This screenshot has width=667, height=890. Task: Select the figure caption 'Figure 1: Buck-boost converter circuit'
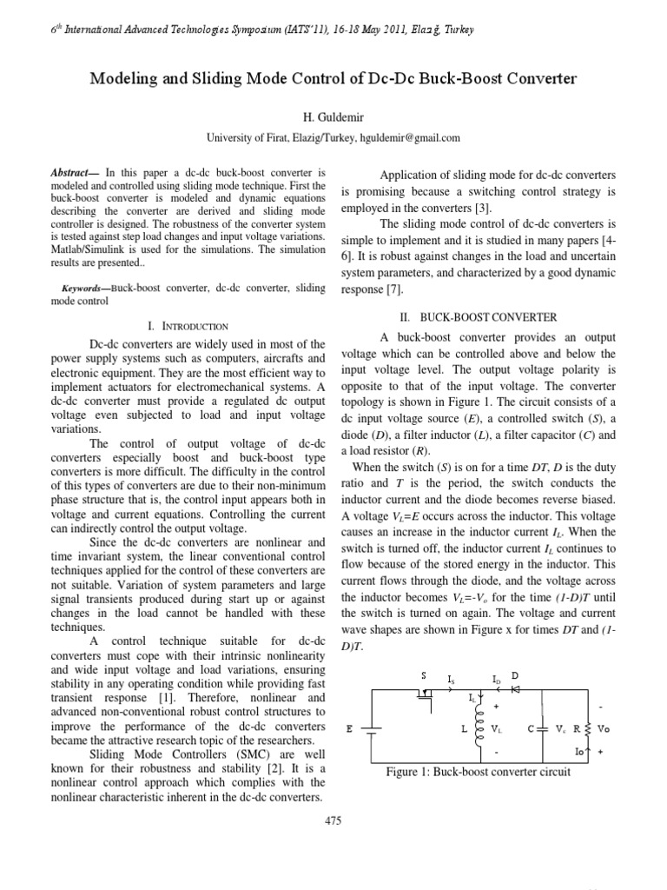tap(478, 773)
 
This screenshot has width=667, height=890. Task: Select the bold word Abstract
tap(71, 173)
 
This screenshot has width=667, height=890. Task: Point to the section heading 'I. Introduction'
tap(188, 326)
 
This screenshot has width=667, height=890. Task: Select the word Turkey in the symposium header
tap(459, 30)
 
